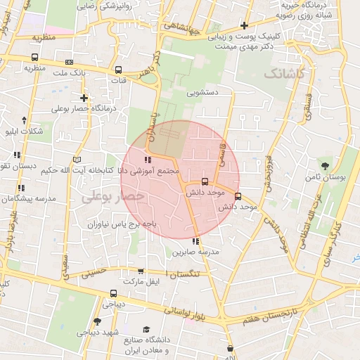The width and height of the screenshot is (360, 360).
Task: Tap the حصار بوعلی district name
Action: pyautogui.click(x=112, y=198)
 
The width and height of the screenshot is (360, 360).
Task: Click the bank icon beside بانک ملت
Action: pyautogui.click(x=68, y=62)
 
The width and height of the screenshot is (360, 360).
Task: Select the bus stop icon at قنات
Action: pyautogui.click(x=119, y=70)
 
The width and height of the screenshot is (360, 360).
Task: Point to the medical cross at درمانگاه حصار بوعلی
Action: pyautogui.click(x=84, y=98)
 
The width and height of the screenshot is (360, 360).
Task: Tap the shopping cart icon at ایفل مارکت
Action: pyautogui.click(x=141, y=271)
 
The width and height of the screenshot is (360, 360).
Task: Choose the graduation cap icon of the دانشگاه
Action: pyautogui.click(x=146, y=329)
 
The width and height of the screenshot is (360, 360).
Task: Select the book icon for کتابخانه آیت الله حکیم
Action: pyautogui.click(x=76, y=160)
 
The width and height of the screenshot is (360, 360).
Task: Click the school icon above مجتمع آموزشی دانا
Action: pyautogui.click(x=147, y=160)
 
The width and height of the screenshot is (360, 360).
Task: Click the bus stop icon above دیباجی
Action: pyautogui.click(x=113, y=294)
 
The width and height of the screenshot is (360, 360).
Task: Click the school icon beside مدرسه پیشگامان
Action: pyautogui.click(x=21, y=188)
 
